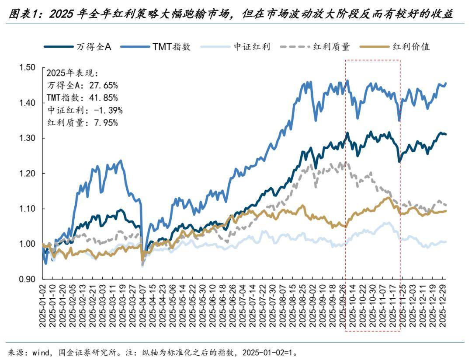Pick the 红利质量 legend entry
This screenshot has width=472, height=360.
click(331, 47)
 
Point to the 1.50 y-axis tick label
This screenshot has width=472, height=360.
click(27, 67)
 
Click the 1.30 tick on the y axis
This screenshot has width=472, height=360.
click(27, 138)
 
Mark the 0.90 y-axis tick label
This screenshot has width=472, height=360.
click(27, 279)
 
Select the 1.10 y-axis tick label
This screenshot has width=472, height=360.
click(27, 209)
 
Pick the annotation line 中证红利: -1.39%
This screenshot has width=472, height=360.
click(84, 110)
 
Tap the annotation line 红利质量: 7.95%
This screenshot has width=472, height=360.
click(82, 122)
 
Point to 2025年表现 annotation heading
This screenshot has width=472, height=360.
click(73, 73)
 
